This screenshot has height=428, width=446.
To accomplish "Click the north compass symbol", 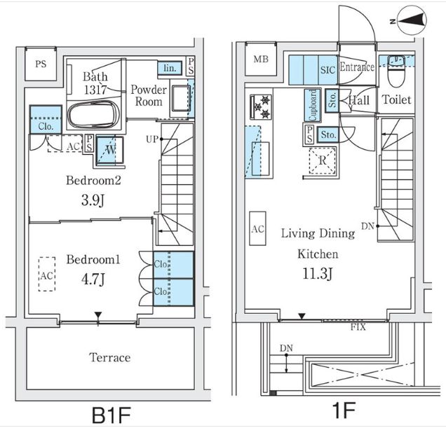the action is (412, 21).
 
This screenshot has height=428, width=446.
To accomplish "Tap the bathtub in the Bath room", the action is (93, 114).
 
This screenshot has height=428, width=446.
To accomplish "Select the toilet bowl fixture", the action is (396, 71).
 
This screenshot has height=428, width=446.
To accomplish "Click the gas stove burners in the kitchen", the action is (261, 107).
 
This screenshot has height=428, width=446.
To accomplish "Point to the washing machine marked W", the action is (110, 150).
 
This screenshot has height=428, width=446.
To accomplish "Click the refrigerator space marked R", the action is (323, 160).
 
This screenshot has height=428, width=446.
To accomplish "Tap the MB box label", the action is (261, 59).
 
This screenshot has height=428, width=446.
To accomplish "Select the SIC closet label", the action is (327, 70).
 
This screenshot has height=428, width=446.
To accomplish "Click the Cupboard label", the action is (313, 105).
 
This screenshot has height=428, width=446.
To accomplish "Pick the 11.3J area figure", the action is (318, 274).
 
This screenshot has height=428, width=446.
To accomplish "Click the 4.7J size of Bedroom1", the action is (93, 279).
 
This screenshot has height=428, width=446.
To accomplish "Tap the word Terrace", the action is (110, 357).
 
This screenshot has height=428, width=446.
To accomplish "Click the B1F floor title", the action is (111, 415).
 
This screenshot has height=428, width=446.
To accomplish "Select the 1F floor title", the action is (344, 410).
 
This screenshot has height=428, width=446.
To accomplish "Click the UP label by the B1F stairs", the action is (151, 139).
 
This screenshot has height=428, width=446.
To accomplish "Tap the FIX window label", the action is (358, 327).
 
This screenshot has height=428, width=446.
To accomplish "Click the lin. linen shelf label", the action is (170, 68).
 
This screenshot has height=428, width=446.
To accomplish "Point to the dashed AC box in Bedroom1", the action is (47, 275).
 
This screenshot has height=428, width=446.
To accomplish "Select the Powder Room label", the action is (149, 95).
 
